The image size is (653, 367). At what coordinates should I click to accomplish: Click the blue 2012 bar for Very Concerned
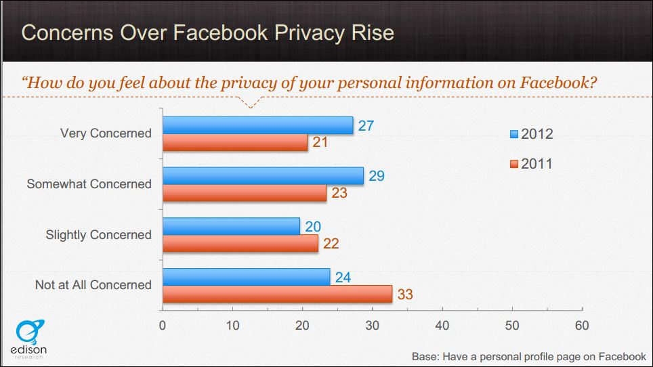point(258,125)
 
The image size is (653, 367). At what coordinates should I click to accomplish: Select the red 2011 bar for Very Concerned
point(236,142)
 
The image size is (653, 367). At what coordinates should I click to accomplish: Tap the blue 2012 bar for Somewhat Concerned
point(264,176)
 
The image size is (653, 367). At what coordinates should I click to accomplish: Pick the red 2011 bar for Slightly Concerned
point(240,243)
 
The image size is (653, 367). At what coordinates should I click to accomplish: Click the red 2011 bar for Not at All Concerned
point(278,294)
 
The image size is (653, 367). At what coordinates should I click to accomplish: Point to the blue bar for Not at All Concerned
point(247,277)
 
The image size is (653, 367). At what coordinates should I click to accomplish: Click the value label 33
point(404,295)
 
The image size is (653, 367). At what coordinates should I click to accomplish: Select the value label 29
point(376,176)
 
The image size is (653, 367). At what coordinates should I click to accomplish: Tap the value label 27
point(366,125)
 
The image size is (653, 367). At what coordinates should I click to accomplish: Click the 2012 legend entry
point(532,134)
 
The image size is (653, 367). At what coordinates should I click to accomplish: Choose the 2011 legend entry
point(532,164)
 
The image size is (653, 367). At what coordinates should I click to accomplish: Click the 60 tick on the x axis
point(581,326)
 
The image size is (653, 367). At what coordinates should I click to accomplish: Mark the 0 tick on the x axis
point(163,326)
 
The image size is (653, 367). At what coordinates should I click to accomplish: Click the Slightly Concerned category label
point(98,235)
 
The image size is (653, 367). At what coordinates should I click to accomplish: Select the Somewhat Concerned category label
point(89,183)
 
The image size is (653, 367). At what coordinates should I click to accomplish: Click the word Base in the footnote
point(426,356)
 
